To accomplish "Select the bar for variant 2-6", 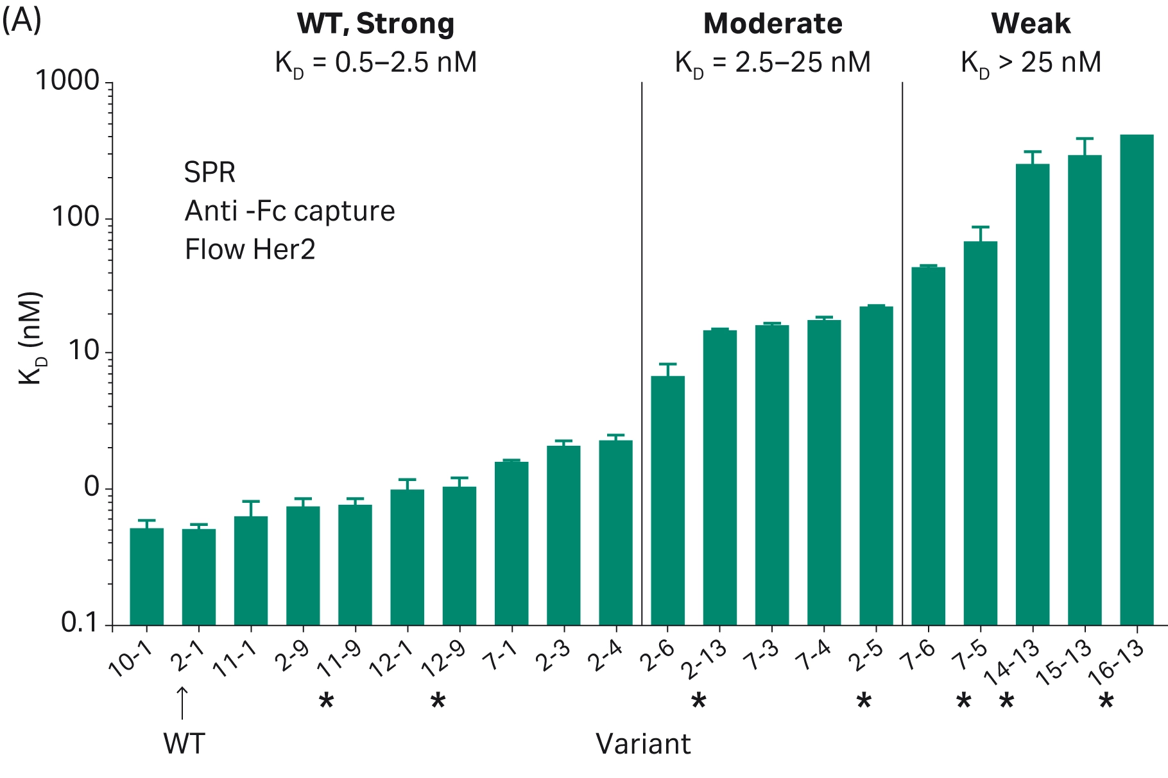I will tap(667, 500).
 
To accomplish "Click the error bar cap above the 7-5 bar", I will tap(980, 227).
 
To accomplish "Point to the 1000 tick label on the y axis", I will tap(67, 81).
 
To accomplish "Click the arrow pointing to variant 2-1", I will tap(182, 702).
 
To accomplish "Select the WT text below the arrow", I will tap(184, 744).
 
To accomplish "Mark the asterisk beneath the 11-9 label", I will tap(327, 702).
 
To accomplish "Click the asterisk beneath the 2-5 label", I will tap(864, 702).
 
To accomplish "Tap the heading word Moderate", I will tap(773, 24).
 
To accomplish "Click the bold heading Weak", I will tap(1030, 24).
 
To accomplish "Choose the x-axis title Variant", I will tap(643, 744).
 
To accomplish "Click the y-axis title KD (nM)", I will tap(31, 338).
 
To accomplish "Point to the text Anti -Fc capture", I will tap(289, 211).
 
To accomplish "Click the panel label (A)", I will tap(22, 21).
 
